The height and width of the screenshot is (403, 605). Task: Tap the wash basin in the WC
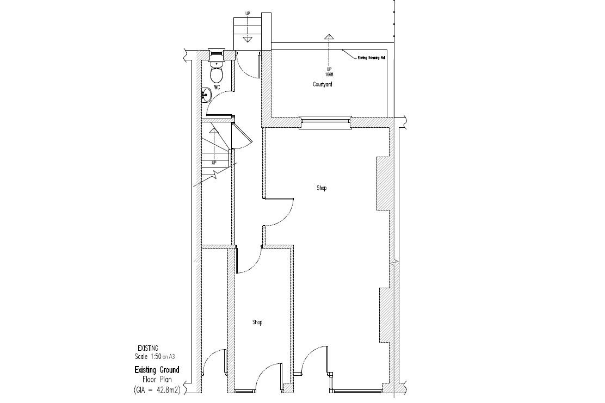click(x=206, y=95)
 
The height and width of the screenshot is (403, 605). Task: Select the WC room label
click(x=217, y=87)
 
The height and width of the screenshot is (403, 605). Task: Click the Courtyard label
click(x=322, y=84)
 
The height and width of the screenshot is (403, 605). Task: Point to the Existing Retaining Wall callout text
click(x=371, y=57)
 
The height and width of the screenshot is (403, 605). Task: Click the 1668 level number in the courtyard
click(x=329, y=74)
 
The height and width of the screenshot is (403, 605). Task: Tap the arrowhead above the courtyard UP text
click(x=328, y=37)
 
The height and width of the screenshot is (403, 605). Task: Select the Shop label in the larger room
click(x=322, y=188)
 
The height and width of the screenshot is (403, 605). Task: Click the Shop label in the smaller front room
click(x=257, y=322)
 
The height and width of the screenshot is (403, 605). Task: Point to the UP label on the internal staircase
click(x=214, y=163)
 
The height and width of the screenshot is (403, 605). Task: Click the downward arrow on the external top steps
click(x=248, y=38)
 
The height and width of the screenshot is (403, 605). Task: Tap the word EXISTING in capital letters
click(x=147, y=348)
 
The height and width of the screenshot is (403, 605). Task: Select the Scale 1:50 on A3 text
click(x=155, y=357)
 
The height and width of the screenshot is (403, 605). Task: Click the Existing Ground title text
click(x=157, y=370)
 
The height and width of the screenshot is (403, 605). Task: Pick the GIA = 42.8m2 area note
click(x=156, y=389)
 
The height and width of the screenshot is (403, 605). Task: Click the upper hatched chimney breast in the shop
click(x=382, y=183)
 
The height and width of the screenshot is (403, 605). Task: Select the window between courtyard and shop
click(x=325, y=123)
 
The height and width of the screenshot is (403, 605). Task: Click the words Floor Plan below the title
click(x=157, y=380)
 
